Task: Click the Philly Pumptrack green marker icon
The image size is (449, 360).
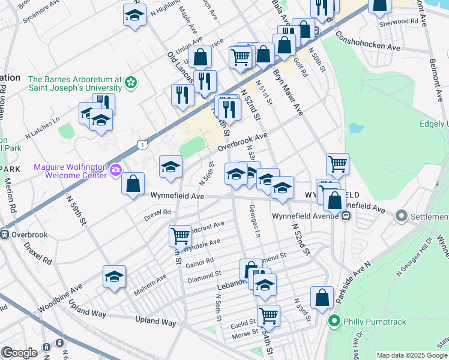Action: pyautogui.click(x=336, y=322)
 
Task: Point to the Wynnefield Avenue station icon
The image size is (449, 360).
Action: pyautogui.click(x=346, y=217)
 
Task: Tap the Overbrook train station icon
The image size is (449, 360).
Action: pyautogui.click(x=5, y=235)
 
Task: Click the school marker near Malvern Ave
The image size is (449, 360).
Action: pyautogui.click(x=114, y=277)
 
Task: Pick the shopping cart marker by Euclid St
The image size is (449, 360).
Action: pyautogui.click(x=268, y=316)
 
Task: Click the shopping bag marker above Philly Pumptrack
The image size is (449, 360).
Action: pyautogui.click(x=322, y=298)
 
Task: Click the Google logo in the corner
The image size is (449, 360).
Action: pyautogui.click(x=19, y=352)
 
